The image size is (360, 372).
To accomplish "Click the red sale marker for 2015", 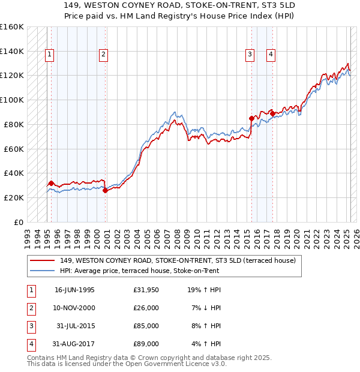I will tap(251, 118).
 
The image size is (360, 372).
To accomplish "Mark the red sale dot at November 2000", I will tap(105, 190).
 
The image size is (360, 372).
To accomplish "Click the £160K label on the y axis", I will tap(12, 27).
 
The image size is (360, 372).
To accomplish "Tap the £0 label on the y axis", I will tap(18, 222).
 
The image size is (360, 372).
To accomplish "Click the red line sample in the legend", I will tap(42, 261).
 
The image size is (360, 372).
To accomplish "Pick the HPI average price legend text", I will tap(139, 271).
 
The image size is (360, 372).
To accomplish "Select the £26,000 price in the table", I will tap(146, 308).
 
